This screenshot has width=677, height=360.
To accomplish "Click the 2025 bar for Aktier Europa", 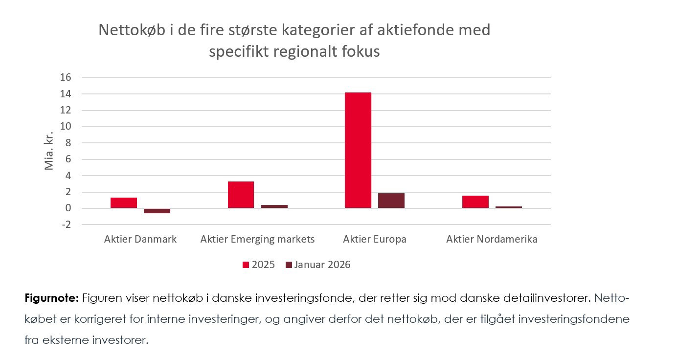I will click(358, 150).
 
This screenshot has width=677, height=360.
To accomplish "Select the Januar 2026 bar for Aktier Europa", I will click(391, 201).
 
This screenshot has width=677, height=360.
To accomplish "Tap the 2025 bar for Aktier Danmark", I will click(124, 203).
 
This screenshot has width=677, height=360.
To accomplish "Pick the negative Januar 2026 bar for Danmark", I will click(157, 211).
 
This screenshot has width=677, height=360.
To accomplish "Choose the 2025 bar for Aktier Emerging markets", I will click(241, 195).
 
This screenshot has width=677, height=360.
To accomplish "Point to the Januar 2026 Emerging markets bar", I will click(274, 206).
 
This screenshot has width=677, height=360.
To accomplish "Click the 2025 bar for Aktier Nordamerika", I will click(475, 202).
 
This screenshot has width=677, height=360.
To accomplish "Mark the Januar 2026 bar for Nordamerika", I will click(508, 207).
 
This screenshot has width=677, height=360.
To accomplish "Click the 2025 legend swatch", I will click(246, 265).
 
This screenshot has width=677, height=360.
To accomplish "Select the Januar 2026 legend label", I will click(322, 265).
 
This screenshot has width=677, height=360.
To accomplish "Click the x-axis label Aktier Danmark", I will click(140, 239).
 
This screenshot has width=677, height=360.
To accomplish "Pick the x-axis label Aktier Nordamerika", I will click(492, 239).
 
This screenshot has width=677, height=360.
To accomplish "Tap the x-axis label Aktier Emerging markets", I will click(257, 239).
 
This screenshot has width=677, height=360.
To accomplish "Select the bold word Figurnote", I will click(51, 298).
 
